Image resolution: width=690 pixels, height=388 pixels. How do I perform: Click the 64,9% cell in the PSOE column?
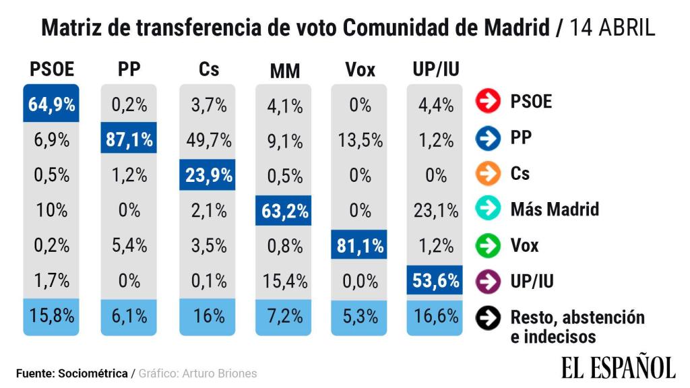51,104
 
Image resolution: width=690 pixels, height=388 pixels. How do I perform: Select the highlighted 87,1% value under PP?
129,140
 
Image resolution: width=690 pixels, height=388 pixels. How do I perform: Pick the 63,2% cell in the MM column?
284,211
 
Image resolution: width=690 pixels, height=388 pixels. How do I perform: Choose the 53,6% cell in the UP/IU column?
436,280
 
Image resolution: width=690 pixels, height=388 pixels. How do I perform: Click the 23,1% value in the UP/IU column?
436,211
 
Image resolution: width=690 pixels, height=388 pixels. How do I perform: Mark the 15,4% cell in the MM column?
284,280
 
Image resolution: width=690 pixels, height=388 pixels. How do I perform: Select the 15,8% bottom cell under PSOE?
51,315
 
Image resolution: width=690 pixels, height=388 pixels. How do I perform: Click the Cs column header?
209,69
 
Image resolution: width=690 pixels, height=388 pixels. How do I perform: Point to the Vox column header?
360,69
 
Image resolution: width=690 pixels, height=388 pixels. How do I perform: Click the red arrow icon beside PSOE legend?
488,102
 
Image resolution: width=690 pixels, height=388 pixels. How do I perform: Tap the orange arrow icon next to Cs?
488,173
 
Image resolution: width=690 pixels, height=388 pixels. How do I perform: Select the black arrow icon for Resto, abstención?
488,317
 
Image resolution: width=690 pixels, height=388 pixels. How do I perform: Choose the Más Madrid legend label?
555,209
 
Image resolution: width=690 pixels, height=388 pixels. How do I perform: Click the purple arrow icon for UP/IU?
488,281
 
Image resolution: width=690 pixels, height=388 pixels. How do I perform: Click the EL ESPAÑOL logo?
618,367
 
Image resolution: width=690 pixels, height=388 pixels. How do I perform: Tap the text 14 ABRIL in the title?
612,28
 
